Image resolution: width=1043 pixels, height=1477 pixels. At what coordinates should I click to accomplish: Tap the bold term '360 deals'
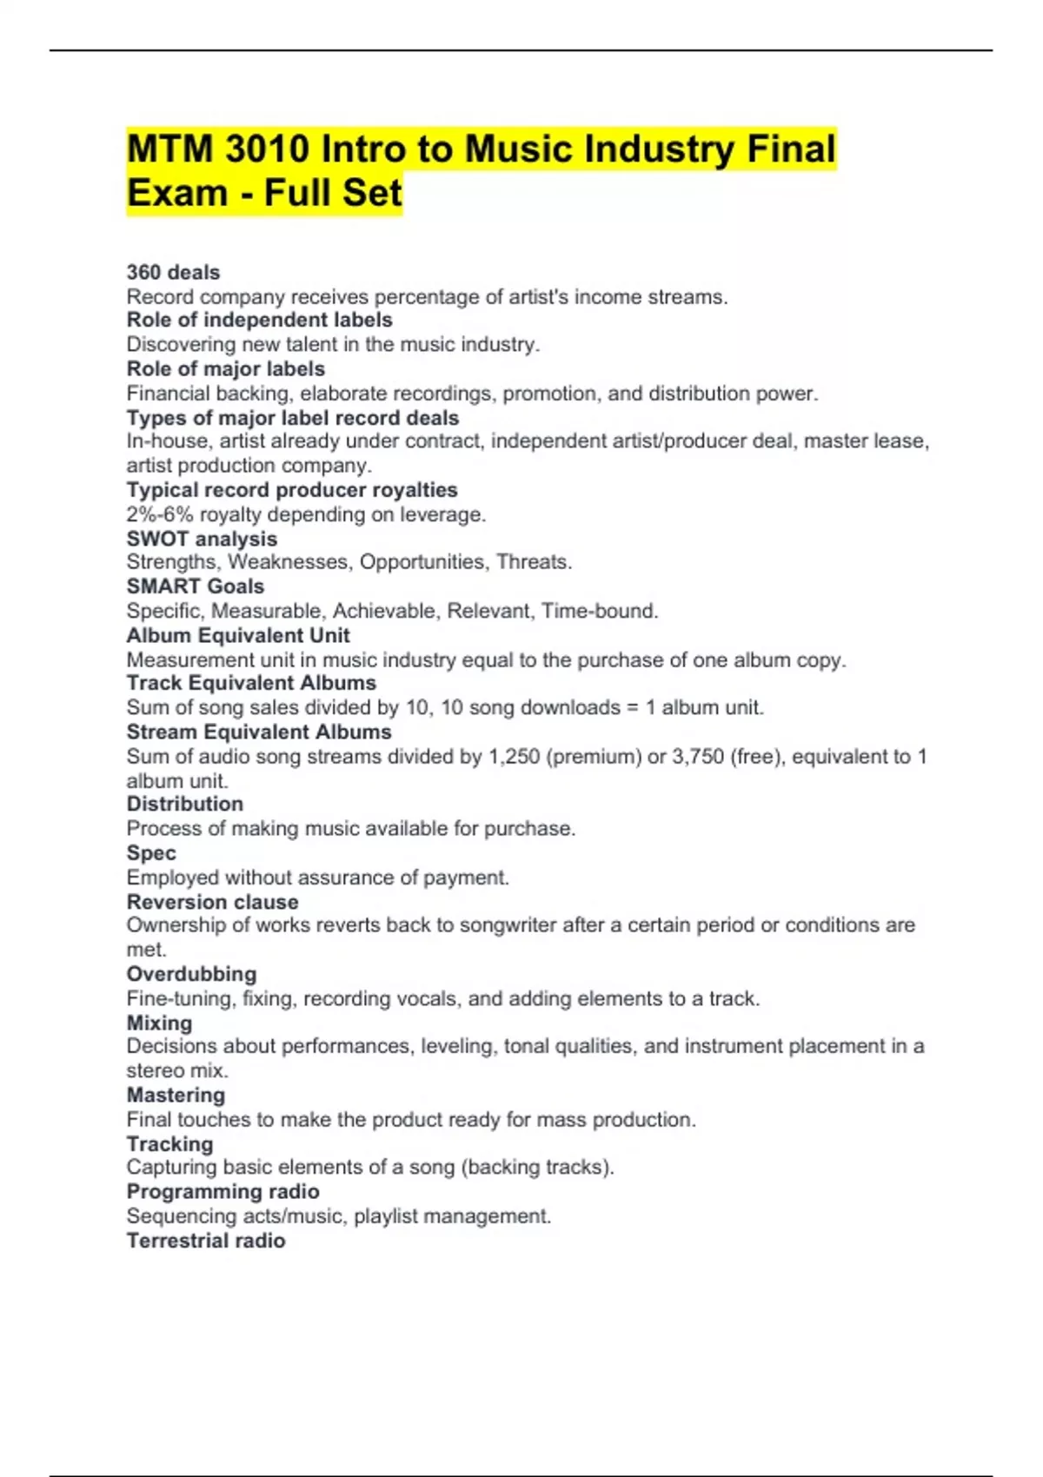point(173,272)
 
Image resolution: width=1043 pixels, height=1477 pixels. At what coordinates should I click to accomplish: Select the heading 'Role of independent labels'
point(259,320)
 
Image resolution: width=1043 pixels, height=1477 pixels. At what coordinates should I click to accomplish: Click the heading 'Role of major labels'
point(225,368)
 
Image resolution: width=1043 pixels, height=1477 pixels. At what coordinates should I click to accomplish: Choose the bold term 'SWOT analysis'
point(202,539)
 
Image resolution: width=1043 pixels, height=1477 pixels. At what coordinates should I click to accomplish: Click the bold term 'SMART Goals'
point(195,586)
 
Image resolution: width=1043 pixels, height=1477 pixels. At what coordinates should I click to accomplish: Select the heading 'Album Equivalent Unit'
point(237,635)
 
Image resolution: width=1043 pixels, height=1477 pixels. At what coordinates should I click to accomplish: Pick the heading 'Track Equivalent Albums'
point(251,683)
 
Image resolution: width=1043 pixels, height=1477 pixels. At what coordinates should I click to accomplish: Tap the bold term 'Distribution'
point(184,804)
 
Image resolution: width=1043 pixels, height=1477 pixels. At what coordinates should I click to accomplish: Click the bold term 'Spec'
point(151,853)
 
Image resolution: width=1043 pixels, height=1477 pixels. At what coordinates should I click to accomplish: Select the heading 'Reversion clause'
point(212,902)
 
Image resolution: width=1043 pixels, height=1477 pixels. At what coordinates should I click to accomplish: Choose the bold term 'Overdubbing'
point(191,974)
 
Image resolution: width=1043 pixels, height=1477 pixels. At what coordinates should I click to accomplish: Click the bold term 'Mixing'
point(159,1023)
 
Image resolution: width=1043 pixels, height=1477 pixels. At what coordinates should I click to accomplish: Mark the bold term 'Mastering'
point(176,1095)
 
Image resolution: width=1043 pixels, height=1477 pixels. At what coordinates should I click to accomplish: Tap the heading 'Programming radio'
point(223,1191)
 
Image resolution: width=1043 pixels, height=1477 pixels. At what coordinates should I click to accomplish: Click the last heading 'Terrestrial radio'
point(205,1241)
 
